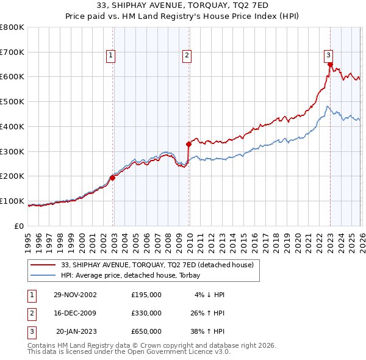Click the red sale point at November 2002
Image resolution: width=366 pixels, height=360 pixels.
point(113,178)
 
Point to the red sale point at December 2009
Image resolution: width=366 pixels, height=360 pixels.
point(188,145)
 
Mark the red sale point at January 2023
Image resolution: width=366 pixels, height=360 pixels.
point(330,64)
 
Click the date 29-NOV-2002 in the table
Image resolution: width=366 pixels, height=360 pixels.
point(74,295)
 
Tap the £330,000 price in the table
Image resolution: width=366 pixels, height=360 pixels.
point(146,313)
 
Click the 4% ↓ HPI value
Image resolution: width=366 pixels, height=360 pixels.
point(210,295)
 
